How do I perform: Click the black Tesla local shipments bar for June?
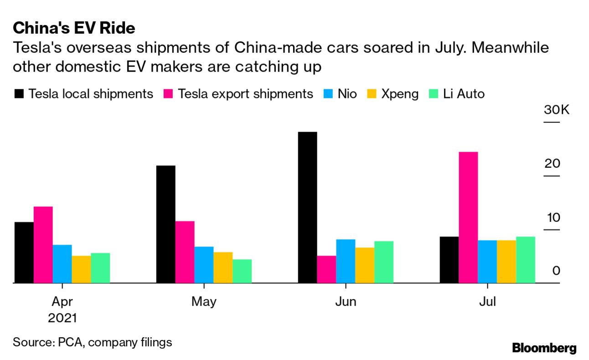(x=307, y=207)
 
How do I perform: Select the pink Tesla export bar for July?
(x=468, y=217)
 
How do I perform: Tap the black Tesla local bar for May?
(x=165, y=224)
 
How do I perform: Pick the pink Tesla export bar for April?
(x=43, y=245)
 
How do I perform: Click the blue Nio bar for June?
(x=346, y=261)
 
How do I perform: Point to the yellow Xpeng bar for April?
(x=81, y=269)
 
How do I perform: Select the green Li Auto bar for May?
(x=242, y=271)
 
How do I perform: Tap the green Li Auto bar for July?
(x=526, y=260)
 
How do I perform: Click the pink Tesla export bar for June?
(x=326, y=269)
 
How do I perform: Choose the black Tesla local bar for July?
(x=449, y=260)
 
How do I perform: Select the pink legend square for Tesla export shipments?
(x=167, y=94)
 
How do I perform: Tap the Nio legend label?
(x=347, y=94)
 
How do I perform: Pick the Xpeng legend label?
(x=400, y=94)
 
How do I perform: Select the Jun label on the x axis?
(x=346, y=302)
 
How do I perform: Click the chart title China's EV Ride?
(x=74, y=28)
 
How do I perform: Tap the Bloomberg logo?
(x=544, y=348)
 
